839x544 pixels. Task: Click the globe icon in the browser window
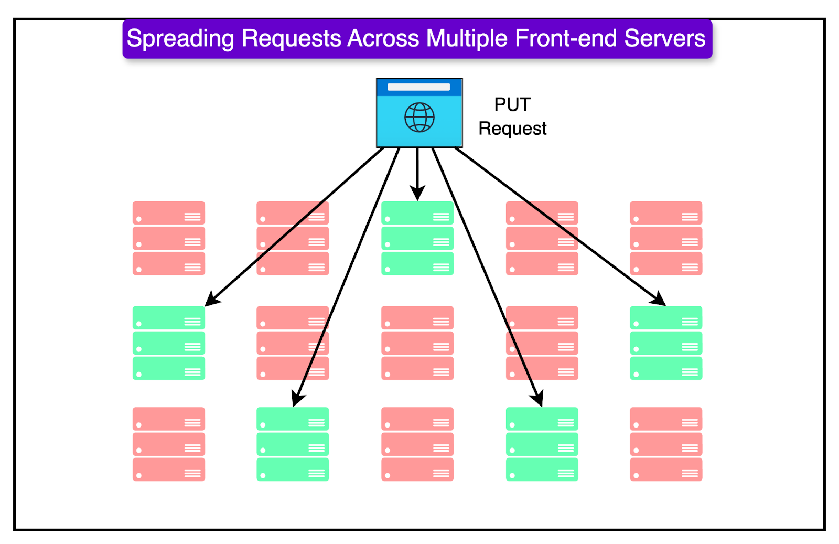click(x=419, y=117)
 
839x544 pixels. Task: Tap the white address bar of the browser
click(x=418, y=87)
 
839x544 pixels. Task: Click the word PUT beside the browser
click(x=512, y=104)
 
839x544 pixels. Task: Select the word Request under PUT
click(x=512, y=129)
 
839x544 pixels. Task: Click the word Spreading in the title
click(x=180, y=39)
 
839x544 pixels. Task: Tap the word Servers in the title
click(x=665, y=39)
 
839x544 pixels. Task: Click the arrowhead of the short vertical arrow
click(x=417, y=194)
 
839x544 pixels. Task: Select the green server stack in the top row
click(x=417, y=238)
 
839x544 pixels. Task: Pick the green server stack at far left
click(x=168, y=343)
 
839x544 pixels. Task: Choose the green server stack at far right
click(x=666, y=343)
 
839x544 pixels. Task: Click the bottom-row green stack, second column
click(x=293, y=444)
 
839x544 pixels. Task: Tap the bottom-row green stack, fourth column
click(x=542, y=444)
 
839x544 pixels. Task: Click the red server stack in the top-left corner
click(x=168, y=238)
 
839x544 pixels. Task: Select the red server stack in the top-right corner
click(x=666, y=238)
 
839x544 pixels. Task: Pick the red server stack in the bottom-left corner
click(x=168, y=444)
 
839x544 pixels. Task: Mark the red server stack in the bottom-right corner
click(x=666, y=444)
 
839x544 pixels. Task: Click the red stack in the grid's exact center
click(x=417, y=343)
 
